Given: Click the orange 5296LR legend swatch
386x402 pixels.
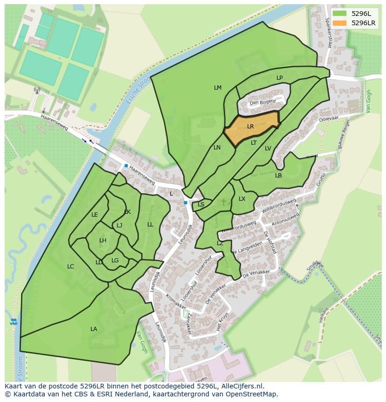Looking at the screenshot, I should (x=340, y=23).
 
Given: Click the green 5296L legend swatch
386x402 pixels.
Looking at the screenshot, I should (x=340, y=13).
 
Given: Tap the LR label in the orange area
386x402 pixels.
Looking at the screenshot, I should (x=250, y=127).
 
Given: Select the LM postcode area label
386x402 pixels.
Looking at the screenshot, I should (x=218, y=88).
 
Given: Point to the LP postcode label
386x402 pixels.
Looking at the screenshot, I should (x=279, y=78).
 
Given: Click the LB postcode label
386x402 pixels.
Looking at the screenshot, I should (x=278, y=176).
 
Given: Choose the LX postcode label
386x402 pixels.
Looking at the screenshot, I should (x=242, y=199).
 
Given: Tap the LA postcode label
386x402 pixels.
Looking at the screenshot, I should (x=94, y=329).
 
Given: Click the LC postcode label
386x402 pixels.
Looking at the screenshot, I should (x=70, y=267).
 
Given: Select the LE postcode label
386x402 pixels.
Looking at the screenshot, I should (x=95, y=215).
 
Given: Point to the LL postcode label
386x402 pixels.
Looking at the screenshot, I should (x=150, y=225).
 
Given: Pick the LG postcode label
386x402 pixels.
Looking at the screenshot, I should (x=115, y=261).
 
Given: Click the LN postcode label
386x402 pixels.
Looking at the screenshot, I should (x=217, y=148).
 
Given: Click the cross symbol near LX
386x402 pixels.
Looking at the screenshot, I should (x=223, y=202).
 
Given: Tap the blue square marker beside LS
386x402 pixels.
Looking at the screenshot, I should (x=186, y=203).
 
